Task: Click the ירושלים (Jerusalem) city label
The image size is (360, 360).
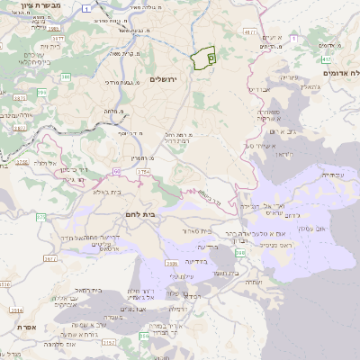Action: (164, 79)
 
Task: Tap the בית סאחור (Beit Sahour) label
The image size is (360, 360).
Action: (196, 231)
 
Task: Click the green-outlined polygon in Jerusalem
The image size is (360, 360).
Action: (204, 57)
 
